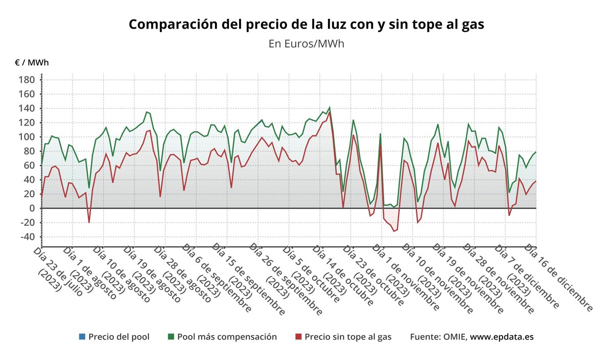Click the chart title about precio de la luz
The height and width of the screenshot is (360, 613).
(306, 25)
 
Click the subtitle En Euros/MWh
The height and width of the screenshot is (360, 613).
(306, 44)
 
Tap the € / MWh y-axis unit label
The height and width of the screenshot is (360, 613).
(32, 63)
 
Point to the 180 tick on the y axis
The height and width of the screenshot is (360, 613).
(27, 80)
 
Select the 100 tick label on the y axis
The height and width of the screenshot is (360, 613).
(27, 137)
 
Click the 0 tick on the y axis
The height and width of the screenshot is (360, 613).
(31, 208)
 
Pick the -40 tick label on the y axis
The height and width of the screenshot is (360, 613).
(27, 237)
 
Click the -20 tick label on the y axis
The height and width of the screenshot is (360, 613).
(27, 223)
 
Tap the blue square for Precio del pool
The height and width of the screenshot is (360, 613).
(82, 337)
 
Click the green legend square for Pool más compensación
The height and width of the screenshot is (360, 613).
(171, 337)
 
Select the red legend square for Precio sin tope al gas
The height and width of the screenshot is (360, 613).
(298, 337)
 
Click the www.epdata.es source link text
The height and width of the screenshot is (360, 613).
(502, 337)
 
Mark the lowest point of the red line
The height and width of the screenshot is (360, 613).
(394, 231)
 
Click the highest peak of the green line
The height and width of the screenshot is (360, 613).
(329, 108)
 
